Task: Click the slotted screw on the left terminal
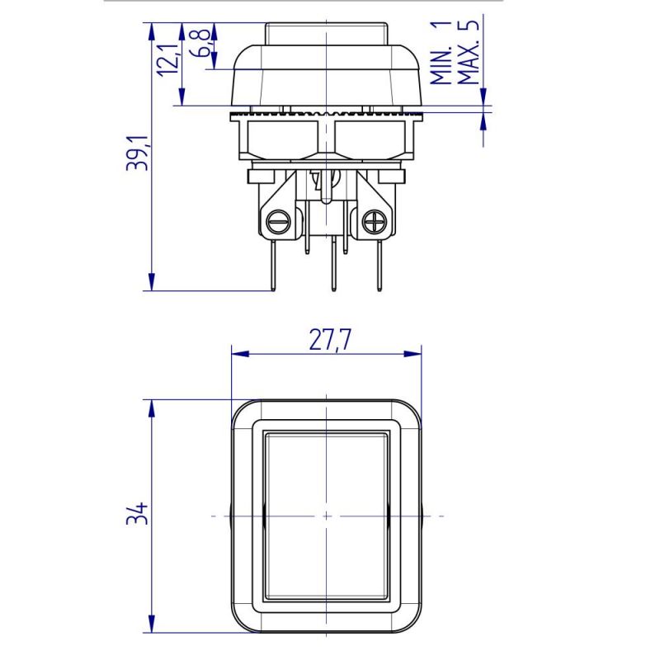click(x=276, y=221)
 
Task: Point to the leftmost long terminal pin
click(x=273, y=264)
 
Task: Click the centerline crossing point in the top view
click(x=326, y=516)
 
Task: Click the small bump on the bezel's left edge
click(x=229, y=516)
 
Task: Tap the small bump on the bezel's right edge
click(x=424, y=516)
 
